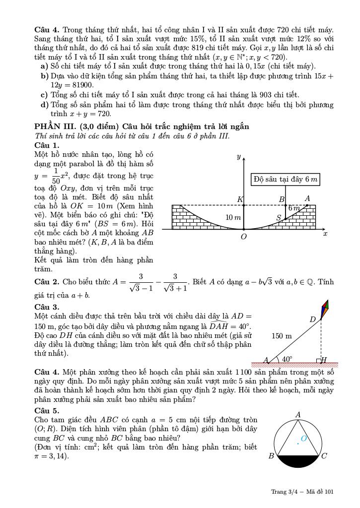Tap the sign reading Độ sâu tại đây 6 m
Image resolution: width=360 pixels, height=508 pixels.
285,179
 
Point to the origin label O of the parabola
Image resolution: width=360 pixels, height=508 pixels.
244,237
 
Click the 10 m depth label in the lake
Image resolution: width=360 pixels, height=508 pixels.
233,218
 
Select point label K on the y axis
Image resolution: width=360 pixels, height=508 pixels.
240,199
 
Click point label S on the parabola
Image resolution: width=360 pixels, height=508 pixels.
279,218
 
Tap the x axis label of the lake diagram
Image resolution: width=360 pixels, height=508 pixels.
325,233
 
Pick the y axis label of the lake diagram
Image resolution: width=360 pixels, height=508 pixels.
238,157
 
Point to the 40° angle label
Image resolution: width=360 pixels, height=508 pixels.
287,359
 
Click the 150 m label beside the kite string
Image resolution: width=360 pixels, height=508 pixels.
282,336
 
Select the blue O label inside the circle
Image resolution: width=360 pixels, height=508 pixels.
304,439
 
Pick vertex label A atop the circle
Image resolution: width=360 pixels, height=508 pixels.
298,414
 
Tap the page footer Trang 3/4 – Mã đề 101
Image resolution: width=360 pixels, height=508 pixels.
302,492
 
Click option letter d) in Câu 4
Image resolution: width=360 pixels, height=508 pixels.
44,105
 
